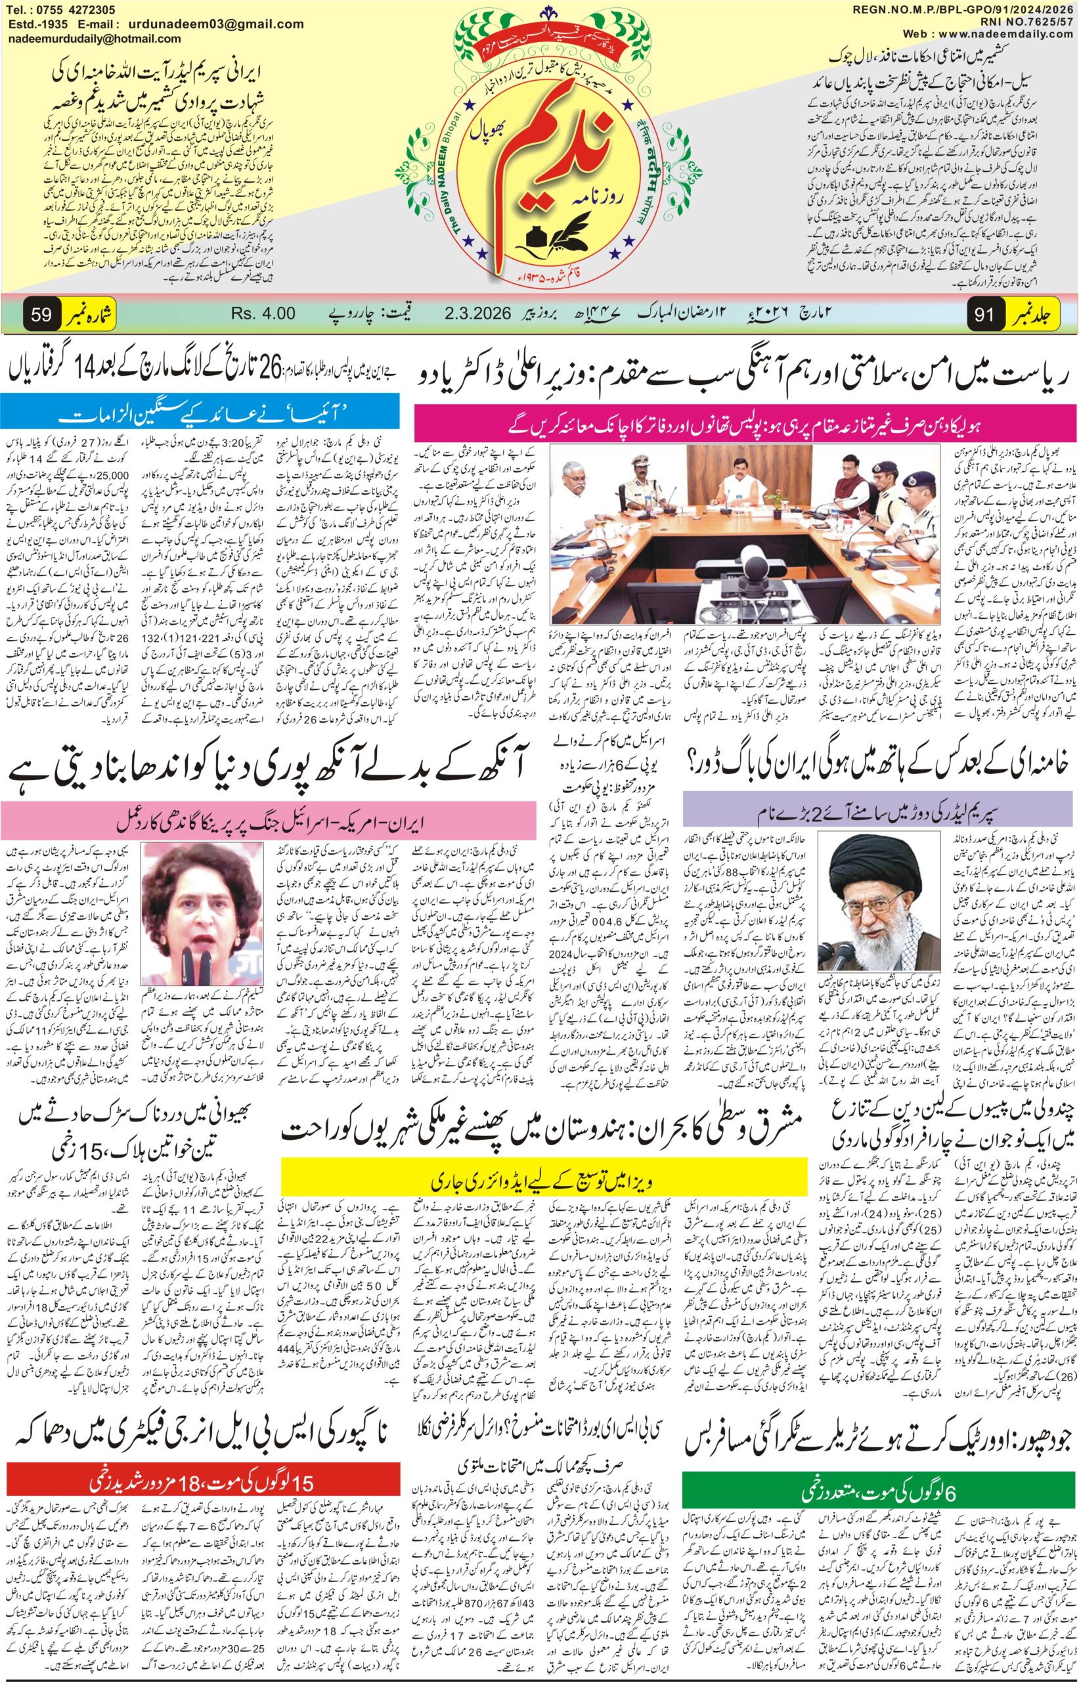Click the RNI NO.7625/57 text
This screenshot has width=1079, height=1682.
click(x=1026, y=21)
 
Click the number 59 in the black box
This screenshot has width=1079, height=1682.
click(x=41, y=315)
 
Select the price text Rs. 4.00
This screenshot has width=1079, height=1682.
click(x=263, y=313)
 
